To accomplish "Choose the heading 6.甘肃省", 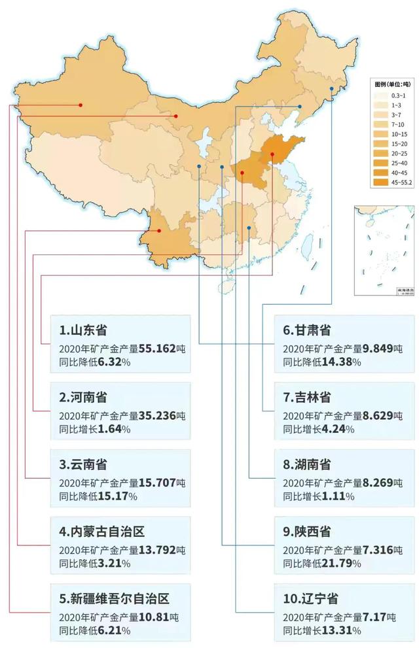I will [306, 330].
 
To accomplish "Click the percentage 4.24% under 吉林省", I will [338, 429].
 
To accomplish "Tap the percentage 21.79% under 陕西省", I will [343, 564].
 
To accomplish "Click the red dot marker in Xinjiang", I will [81, 105].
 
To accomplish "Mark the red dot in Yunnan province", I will [159, 231].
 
